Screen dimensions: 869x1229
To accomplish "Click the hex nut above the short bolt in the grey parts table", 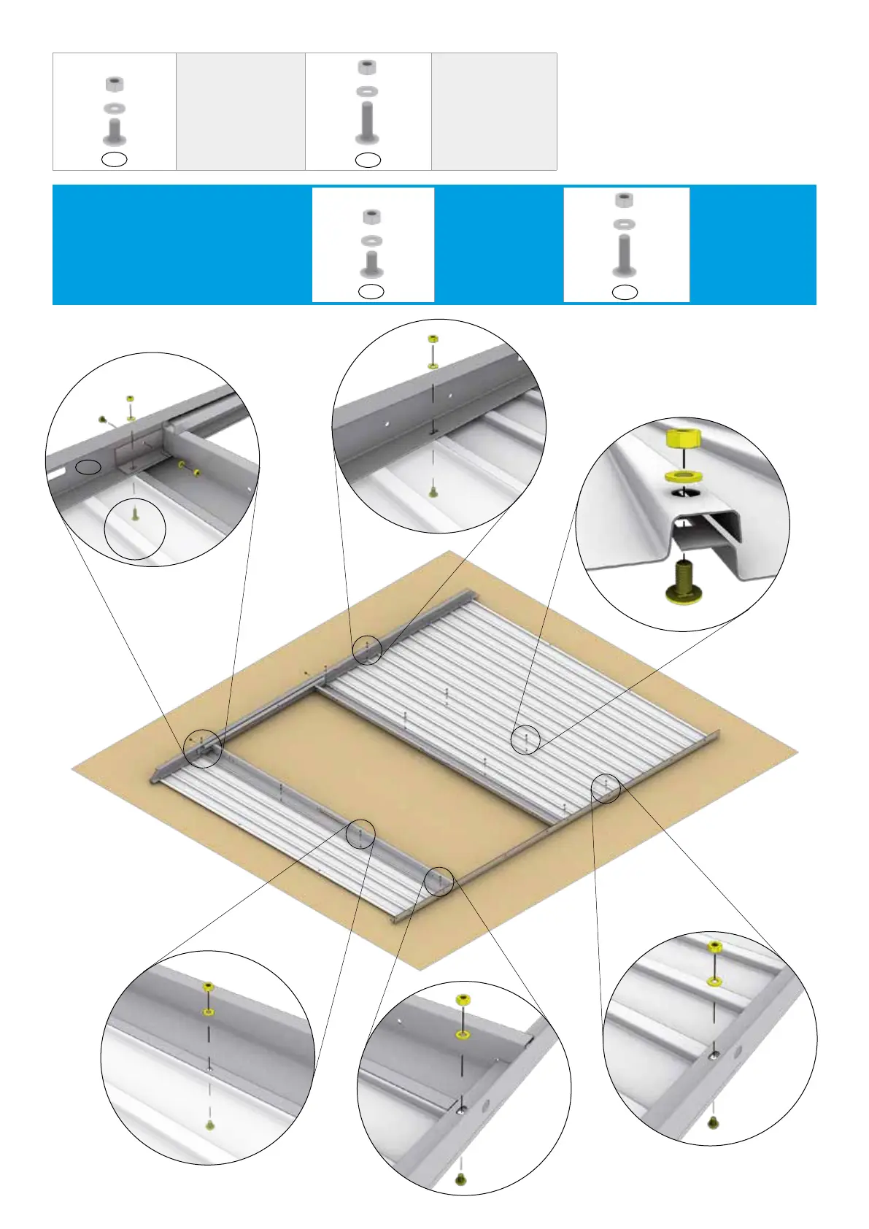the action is (114, 84).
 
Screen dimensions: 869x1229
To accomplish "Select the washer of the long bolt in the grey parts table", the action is (367, 92).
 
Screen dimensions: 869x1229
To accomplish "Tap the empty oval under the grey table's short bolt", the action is (115, 159).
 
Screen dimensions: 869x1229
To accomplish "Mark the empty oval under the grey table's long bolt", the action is (368, 160).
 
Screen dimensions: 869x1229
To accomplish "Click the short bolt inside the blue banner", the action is (372, 263).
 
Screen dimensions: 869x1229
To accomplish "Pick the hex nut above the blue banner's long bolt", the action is (624, 200).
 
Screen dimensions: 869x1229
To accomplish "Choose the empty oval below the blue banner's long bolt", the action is (625, 293).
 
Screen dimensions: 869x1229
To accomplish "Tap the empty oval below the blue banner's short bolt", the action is (371, 292).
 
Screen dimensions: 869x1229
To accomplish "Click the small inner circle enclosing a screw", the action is (135, 529).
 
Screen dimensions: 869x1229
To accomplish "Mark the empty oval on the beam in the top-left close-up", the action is (89, 467).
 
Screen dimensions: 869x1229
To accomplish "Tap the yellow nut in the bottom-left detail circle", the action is (208, 987).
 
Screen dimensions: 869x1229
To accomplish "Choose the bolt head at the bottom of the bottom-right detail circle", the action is (714, 1123).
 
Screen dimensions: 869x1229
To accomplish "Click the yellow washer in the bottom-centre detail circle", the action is (462, 1035).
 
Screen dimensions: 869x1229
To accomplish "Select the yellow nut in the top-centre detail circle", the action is (433, 339).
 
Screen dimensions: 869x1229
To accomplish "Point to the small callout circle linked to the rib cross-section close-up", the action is (525, 739).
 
